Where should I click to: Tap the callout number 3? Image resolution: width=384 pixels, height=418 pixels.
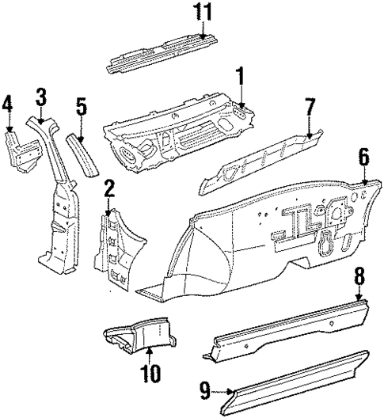click(x=41, y=97)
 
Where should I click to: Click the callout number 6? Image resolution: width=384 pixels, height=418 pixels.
click(x=363, y=157)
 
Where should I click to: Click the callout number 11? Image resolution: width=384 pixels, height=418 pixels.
click(x=204, y=12)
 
